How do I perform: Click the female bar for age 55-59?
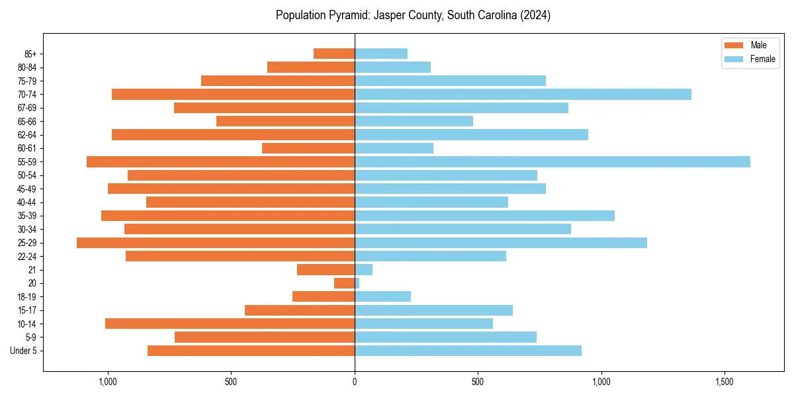pos(552,161)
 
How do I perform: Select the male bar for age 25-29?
pos(216,243)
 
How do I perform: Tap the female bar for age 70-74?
pos(523,94)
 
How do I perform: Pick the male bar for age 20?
pos(345,283)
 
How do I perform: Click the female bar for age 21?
pos(364,269)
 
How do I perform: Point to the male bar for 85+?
pos(334,54)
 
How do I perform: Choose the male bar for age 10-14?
pos(230,324)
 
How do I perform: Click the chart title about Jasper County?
pos(413,15)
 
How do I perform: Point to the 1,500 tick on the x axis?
pos(725,382)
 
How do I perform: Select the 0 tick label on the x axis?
pos(355,382)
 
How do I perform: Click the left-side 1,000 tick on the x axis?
pos(108,382)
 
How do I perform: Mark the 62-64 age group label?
pos(27,135)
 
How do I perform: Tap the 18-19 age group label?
pos(27,296)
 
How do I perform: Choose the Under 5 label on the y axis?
pos(24,351)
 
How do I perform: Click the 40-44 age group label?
pos(27,202)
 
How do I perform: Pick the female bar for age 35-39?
pos(484,216)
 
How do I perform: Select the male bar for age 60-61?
pos(308,148)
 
